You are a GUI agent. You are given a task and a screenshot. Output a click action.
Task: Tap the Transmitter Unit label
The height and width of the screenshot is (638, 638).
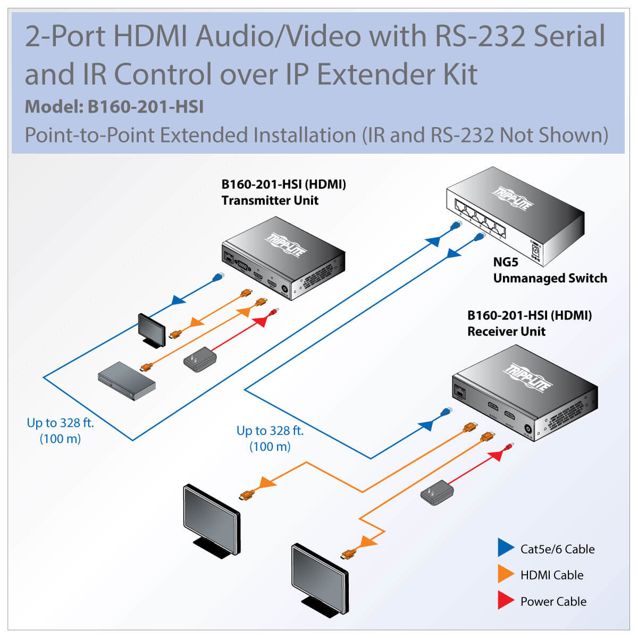click(270, 200)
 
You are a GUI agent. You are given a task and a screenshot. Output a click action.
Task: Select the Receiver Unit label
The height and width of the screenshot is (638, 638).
click(506, 331)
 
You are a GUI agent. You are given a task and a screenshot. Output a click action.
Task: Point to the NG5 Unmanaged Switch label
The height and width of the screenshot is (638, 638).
click(550, 271)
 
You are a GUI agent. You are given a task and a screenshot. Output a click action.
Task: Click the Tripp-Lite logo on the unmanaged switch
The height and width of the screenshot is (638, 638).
click(513, 198)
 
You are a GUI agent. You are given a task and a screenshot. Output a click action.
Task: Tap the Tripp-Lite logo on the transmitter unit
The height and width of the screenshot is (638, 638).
click(285, 245)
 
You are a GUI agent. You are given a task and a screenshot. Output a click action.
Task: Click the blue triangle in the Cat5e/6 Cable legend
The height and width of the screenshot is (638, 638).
click(505, 548)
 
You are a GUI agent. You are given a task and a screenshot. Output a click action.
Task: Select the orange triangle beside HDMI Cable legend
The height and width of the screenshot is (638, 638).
click(505, 574)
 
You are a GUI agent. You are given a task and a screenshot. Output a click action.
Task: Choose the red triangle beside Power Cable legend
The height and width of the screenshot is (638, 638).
click(505, 600)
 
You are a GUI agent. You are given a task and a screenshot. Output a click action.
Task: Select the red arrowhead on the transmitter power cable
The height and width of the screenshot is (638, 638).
click(261, 322)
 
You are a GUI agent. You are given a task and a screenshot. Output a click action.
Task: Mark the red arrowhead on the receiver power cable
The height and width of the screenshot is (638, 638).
click(496, 455)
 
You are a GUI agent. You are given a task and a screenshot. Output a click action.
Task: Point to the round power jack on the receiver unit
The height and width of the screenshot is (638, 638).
click(528, 430)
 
